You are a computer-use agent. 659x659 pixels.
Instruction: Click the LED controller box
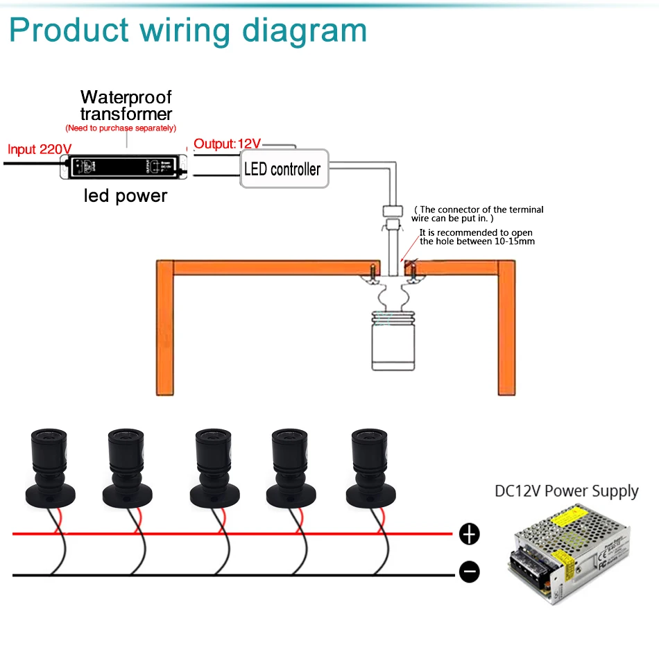click(x=283, y=169)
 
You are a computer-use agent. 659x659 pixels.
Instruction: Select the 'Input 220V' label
click(x=40, y=149)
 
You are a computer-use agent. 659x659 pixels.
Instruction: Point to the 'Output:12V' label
click(x=227, y=144)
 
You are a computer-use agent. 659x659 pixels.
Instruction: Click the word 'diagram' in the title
click(x=300, y=31)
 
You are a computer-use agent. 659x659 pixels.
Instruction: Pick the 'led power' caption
click(x=126, y=196)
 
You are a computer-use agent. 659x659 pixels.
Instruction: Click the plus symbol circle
click(x=470, y=534)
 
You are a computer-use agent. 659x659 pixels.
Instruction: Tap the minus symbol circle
click(x=470, y=572)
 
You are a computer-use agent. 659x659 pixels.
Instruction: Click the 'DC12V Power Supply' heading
click(x=566, y=492)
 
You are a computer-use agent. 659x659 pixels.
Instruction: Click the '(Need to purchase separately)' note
click(x=121, y=128)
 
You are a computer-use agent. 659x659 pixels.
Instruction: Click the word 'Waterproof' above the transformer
click(x=126, y=97)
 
